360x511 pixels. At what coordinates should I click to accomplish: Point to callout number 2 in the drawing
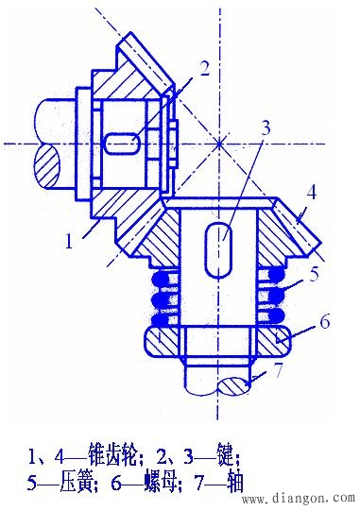pos(204,69)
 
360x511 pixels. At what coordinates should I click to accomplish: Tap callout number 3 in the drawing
pos(266,128)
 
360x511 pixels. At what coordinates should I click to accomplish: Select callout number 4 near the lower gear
pos(312,193)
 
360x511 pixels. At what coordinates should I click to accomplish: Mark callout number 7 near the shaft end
pos(278,370)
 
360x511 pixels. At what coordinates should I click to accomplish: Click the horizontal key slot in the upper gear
pos(121,144)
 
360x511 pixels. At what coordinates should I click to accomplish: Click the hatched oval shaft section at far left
pos(47,166)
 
